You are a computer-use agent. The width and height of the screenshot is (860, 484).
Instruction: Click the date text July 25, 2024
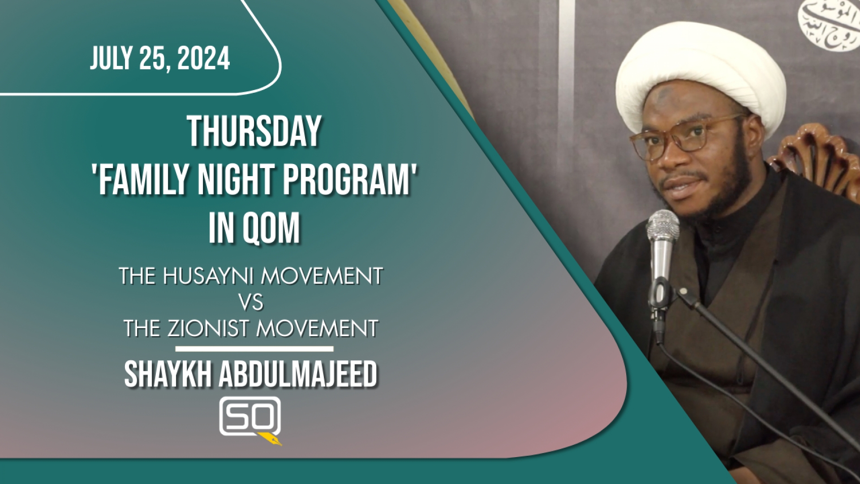click(160, 59)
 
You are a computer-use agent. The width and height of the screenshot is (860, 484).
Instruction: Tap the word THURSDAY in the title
click(254, 132)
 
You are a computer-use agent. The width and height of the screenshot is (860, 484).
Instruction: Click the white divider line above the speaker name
click(254, 349)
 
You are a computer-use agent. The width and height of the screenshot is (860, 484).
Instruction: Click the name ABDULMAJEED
click(298, 375)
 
